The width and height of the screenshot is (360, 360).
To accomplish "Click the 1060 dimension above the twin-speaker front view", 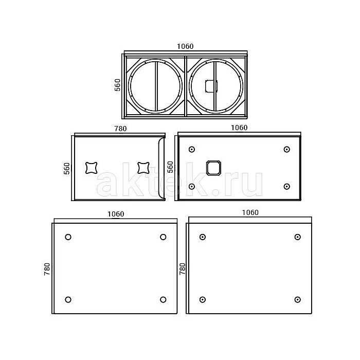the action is (185, 46).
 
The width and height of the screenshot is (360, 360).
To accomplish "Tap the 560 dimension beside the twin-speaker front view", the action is (117, 85).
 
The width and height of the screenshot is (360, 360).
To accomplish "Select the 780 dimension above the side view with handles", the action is (120, 129).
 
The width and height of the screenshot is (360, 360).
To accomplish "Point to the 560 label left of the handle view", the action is (66, 169).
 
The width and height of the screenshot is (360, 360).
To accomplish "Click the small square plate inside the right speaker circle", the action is (211, 86).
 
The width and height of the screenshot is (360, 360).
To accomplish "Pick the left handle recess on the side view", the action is (92, 168).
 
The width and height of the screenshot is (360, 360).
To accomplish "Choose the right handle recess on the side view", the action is (143, 168).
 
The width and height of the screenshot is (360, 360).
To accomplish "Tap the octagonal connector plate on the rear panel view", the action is (213, 168).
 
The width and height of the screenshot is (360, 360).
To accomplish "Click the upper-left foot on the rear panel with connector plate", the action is (192, 150).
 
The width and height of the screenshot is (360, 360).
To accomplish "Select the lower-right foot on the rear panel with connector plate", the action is (286, 186).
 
